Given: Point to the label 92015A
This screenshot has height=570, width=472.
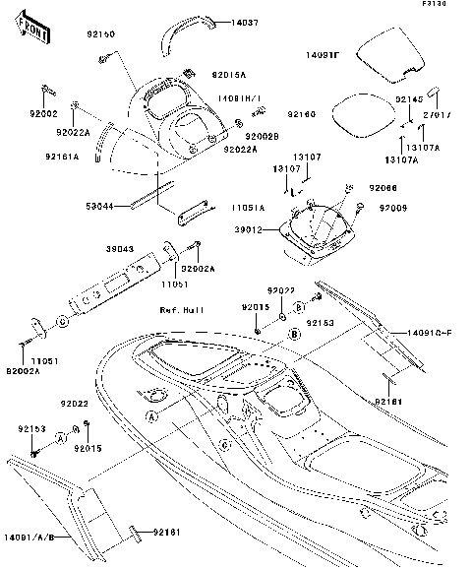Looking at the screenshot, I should pos(229,73).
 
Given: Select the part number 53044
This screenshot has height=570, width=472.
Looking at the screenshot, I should pos(101,207).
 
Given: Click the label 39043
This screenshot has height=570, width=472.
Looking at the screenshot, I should pos(118,250).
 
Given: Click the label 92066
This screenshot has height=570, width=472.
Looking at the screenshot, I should pos(383,187).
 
